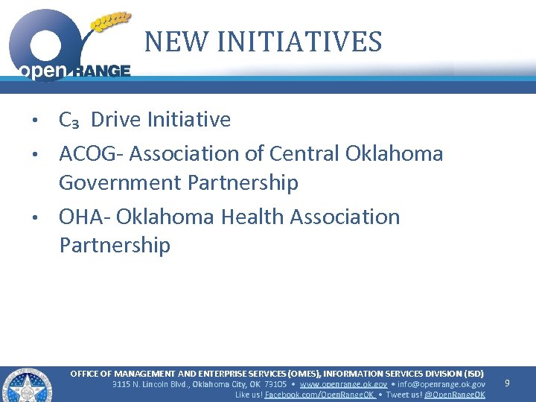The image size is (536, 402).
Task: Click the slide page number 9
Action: pos(507,383)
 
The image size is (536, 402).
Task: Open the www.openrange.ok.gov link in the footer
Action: pos(343,384)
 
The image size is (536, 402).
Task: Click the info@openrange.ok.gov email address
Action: pos(441,384)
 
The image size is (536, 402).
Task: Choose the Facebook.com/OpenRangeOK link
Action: pos(319,395)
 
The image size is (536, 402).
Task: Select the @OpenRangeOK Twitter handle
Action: pos(454,395)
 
